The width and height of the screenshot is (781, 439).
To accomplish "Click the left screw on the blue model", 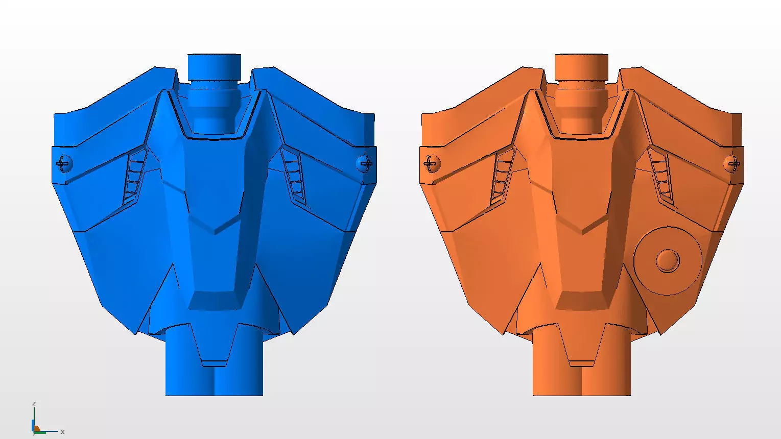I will point(63,164).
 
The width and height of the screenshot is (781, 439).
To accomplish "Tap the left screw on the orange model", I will point(431,164).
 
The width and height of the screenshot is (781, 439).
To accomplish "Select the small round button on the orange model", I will point(668,261).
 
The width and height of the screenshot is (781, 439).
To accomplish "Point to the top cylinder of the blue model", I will point(214,67).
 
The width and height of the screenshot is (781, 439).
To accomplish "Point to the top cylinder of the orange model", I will point(581,67).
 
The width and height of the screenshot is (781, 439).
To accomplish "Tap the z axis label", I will point(34,403).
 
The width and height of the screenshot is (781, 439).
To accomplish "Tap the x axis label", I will point(62,432).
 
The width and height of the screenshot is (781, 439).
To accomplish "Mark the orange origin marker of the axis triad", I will point(36,429).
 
